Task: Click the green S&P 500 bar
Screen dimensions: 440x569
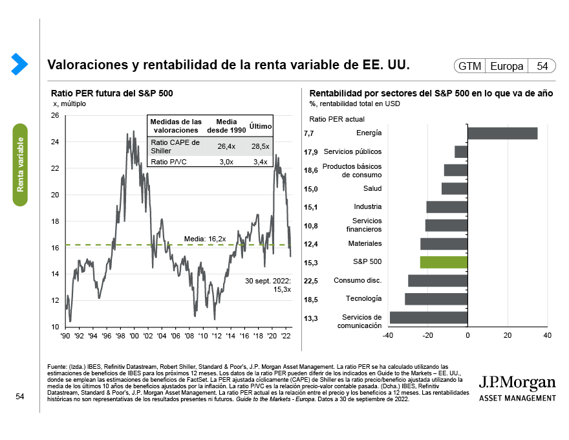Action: pyautogui.click(x=444, y=262)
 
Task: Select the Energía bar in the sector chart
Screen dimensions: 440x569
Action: pyautogui.click(x=502, y=133)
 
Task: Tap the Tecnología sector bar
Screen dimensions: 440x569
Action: pyautogui.click(x=436, y=299)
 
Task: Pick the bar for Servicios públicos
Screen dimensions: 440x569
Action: pyautogui.click(x=460, y=151)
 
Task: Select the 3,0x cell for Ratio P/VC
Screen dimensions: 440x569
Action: pyautogui.click(x=226, y=161)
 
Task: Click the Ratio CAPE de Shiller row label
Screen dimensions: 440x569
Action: pyautogui.click(x=175, y=146)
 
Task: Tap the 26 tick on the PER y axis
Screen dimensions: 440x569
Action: pyautogui.click(x=54, y=116)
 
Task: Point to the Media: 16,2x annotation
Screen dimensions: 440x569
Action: pyautogui.click(x=205, y=239)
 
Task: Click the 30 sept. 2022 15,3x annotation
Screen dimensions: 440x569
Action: pyautogui.click(x=268, y=285)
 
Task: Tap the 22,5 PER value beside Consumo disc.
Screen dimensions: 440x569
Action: pyautogui.click(x=310, y=281)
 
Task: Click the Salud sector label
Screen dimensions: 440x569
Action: pyautogui.click(x=372, y=188)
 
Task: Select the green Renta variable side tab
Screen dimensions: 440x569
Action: pyautogui.click(x=21, y=164)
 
